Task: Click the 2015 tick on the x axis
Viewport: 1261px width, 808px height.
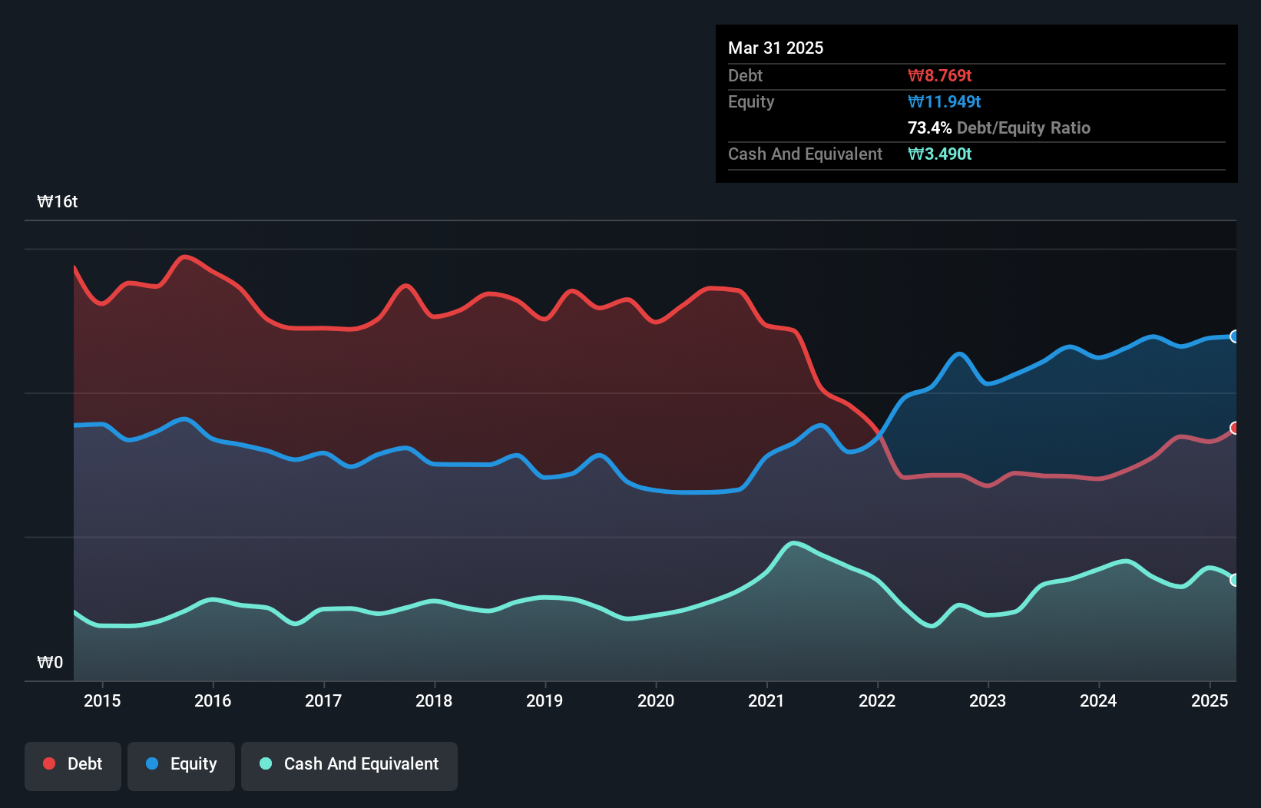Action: pyautogui.click(x=102, y=700)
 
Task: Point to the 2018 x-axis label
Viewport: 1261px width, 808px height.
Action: pyautogui.click(x=434, y=700)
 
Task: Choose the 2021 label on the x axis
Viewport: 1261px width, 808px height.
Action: pyautogui.click(x=766, y=700)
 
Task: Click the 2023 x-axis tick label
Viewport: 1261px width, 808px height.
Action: pyautogui.click(x=988, y=700)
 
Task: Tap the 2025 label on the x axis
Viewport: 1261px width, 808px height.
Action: pyautogui.click(x=1209, y=700)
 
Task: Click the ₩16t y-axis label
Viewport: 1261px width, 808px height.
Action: pyautogui.click(x=58, y=202)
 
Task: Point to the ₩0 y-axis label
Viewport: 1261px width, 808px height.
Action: pyautogui.click(x=50, y=662)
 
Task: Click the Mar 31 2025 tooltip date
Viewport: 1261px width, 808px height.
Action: pyautogui.click(x=776, y=48)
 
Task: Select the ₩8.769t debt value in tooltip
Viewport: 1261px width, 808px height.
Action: pyautogui.click(x=939, y=75)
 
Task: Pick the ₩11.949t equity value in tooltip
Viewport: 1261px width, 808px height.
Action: pyautogui.click(x=944, y=101)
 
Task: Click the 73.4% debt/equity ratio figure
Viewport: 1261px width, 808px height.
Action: pyautogui.click(x=929, y=127)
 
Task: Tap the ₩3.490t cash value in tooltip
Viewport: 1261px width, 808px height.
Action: pyautogui.click(x=939, y=154)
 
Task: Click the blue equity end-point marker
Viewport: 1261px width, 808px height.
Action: pyautogui.click(x=1235, y=336)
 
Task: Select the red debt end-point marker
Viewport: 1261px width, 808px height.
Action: pyautogui.click(x=1235, y=428)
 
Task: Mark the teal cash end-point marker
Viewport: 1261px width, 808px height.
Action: pyautogui.click(x=1235, y=580)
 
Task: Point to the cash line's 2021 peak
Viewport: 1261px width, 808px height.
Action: pyautogui.click(x=794, y=543)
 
